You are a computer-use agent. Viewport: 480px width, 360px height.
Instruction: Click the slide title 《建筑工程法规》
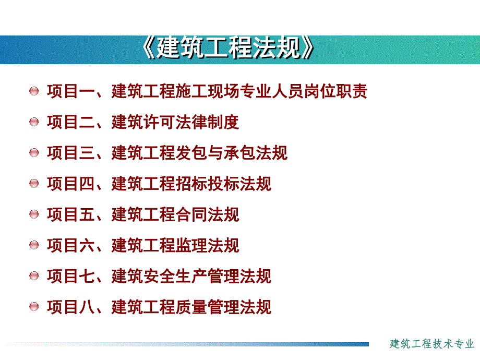(x=229, y=49)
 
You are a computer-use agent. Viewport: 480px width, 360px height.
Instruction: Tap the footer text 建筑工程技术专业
(x=433, y=344)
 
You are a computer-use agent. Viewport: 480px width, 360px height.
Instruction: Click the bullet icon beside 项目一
(x=34, y=91)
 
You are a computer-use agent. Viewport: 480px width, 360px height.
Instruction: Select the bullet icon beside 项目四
(x=34, y=184)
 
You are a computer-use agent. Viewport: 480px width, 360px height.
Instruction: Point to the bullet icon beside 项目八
(x=34, y=307)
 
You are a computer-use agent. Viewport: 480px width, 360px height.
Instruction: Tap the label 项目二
(x=71, y=122)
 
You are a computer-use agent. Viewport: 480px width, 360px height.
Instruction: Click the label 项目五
(x=71, y=214)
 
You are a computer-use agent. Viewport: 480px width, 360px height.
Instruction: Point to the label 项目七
(x=71, y=276)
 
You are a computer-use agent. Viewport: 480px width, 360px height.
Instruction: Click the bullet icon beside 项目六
(x=34, y=245)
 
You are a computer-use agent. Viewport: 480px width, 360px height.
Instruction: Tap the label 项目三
(x=71, y=153)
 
